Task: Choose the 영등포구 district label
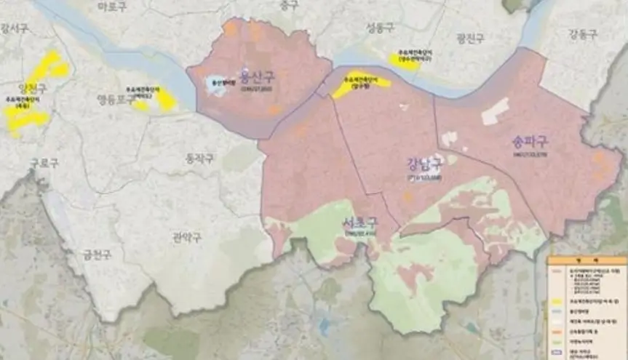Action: tap(116, 99)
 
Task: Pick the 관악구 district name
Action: tap(187, 237)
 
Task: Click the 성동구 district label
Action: tap(380, 28)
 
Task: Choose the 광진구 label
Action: tap(472, 38)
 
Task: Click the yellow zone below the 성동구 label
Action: tap(405, 58)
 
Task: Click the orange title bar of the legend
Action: tap(586, 260)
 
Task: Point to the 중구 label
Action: tap(289, 5)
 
